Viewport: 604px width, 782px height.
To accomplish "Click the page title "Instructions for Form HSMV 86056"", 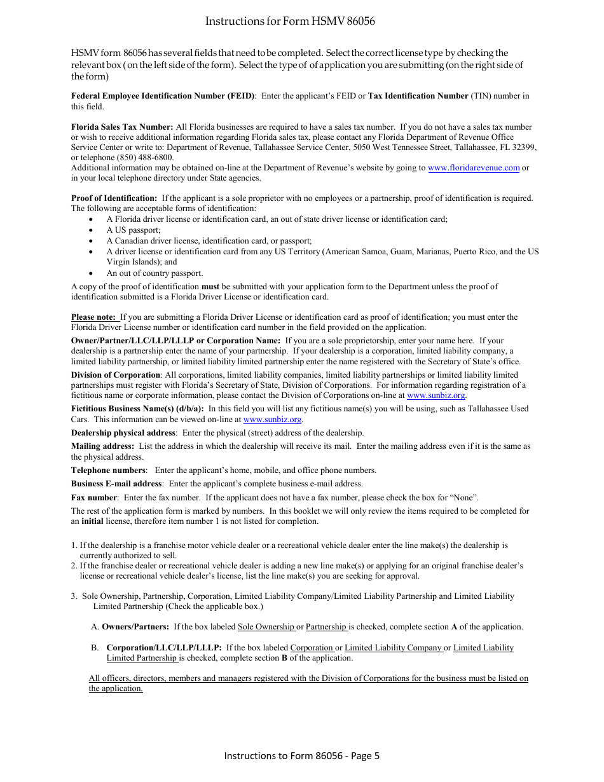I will (290, 22).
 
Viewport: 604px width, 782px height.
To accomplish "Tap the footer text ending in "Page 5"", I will (301, 755).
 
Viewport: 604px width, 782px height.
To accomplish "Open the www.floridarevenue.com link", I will (474, 168).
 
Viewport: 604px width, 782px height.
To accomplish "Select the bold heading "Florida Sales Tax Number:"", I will (122, 127).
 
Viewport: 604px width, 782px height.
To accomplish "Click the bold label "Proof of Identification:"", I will (114, 198).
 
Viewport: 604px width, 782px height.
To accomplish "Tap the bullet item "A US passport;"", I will (134, 230).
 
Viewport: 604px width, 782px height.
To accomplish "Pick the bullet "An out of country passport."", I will (154, 273).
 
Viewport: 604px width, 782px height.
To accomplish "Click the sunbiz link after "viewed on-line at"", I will (272, 420).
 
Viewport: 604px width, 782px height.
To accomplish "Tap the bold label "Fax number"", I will (94, 498).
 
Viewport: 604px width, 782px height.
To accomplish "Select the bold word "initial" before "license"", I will (93, 521).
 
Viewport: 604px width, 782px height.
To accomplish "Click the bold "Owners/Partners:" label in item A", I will (135, 627).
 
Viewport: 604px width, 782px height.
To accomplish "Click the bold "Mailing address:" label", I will (102, 446).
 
